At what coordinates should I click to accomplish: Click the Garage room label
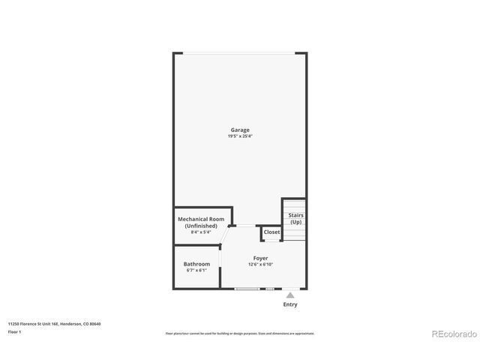(x=240, y=130)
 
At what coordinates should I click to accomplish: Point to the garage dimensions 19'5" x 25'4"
(x=240, y=136)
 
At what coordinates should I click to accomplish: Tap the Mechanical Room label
(x=201, y=219)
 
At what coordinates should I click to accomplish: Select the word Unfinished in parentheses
(x=201, y=226)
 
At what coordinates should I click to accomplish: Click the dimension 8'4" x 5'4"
(x=201, y=232)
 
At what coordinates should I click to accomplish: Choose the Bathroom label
(x=196, y=264)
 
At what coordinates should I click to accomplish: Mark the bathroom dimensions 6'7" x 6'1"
(x=196, y=270)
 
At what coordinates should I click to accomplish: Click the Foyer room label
(x=260, y=259)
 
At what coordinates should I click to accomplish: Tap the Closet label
(x=271, y=232)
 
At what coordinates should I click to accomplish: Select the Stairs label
(x=295, y=216)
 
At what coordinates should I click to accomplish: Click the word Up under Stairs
(x=295, y=222)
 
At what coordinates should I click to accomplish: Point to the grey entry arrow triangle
(x=290, y=295)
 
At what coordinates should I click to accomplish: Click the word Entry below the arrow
(x=290, y=304)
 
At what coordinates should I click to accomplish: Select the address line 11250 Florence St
(x=54, y=324)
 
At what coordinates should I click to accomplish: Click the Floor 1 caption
(x=14, y=331)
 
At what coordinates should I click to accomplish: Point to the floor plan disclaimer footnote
(x=240, y=333)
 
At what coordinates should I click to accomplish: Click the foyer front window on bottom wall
(x=247, y=289)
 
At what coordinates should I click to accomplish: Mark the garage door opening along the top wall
(x=240, y=52)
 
